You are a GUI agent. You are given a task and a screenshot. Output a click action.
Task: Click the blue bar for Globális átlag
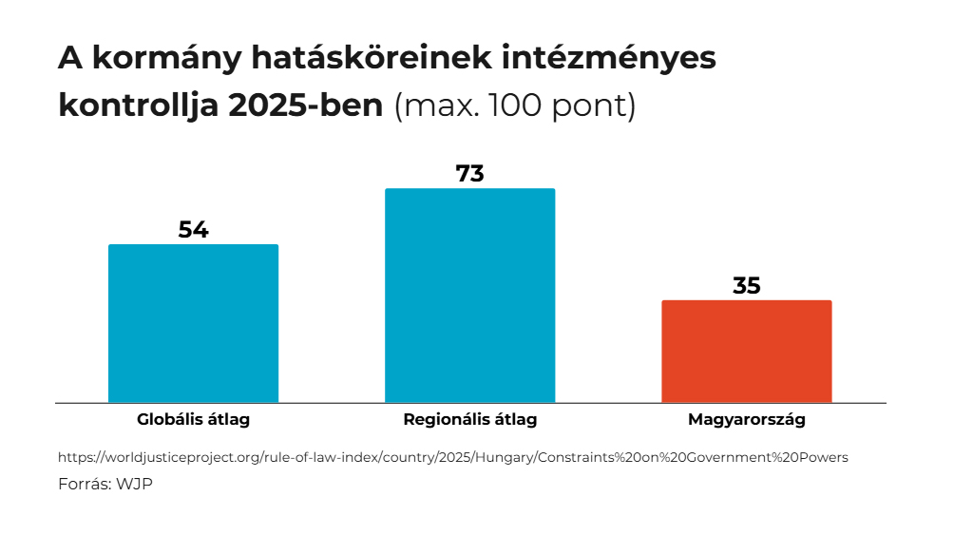pos(193,323)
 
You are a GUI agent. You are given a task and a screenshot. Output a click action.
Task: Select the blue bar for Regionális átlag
pos(469,295)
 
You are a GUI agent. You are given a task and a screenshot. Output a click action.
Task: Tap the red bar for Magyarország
pos(746,351)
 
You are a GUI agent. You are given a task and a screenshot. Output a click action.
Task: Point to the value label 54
pos(193,230)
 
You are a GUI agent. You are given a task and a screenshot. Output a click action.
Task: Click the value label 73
pos(469,174)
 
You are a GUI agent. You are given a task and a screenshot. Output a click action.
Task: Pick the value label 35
pos(746,286)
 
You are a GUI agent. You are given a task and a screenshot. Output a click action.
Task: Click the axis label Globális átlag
pos(193,419)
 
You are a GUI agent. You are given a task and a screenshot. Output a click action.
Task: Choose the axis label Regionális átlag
pos(469,419)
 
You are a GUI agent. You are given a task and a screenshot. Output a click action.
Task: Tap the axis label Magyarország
pos(746,419)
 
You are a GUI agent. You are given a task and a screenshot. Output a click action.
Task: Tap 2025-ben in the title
pos(306,105)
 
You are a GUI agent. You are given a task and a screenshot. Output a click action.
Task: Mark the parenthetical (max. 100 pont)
pos(514,105)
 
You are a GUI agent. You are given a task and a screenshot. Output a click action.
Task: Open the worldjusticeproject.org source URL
pos(452,457)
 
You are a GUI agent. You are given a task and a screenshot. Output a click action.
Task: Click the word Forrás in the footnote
pos(84,484)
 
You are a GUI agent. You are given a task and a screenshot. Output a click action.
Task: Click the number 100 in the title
pos(516,105)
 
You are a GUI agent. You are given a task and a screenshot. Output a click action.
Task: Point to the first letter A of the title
pos(68,58)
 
